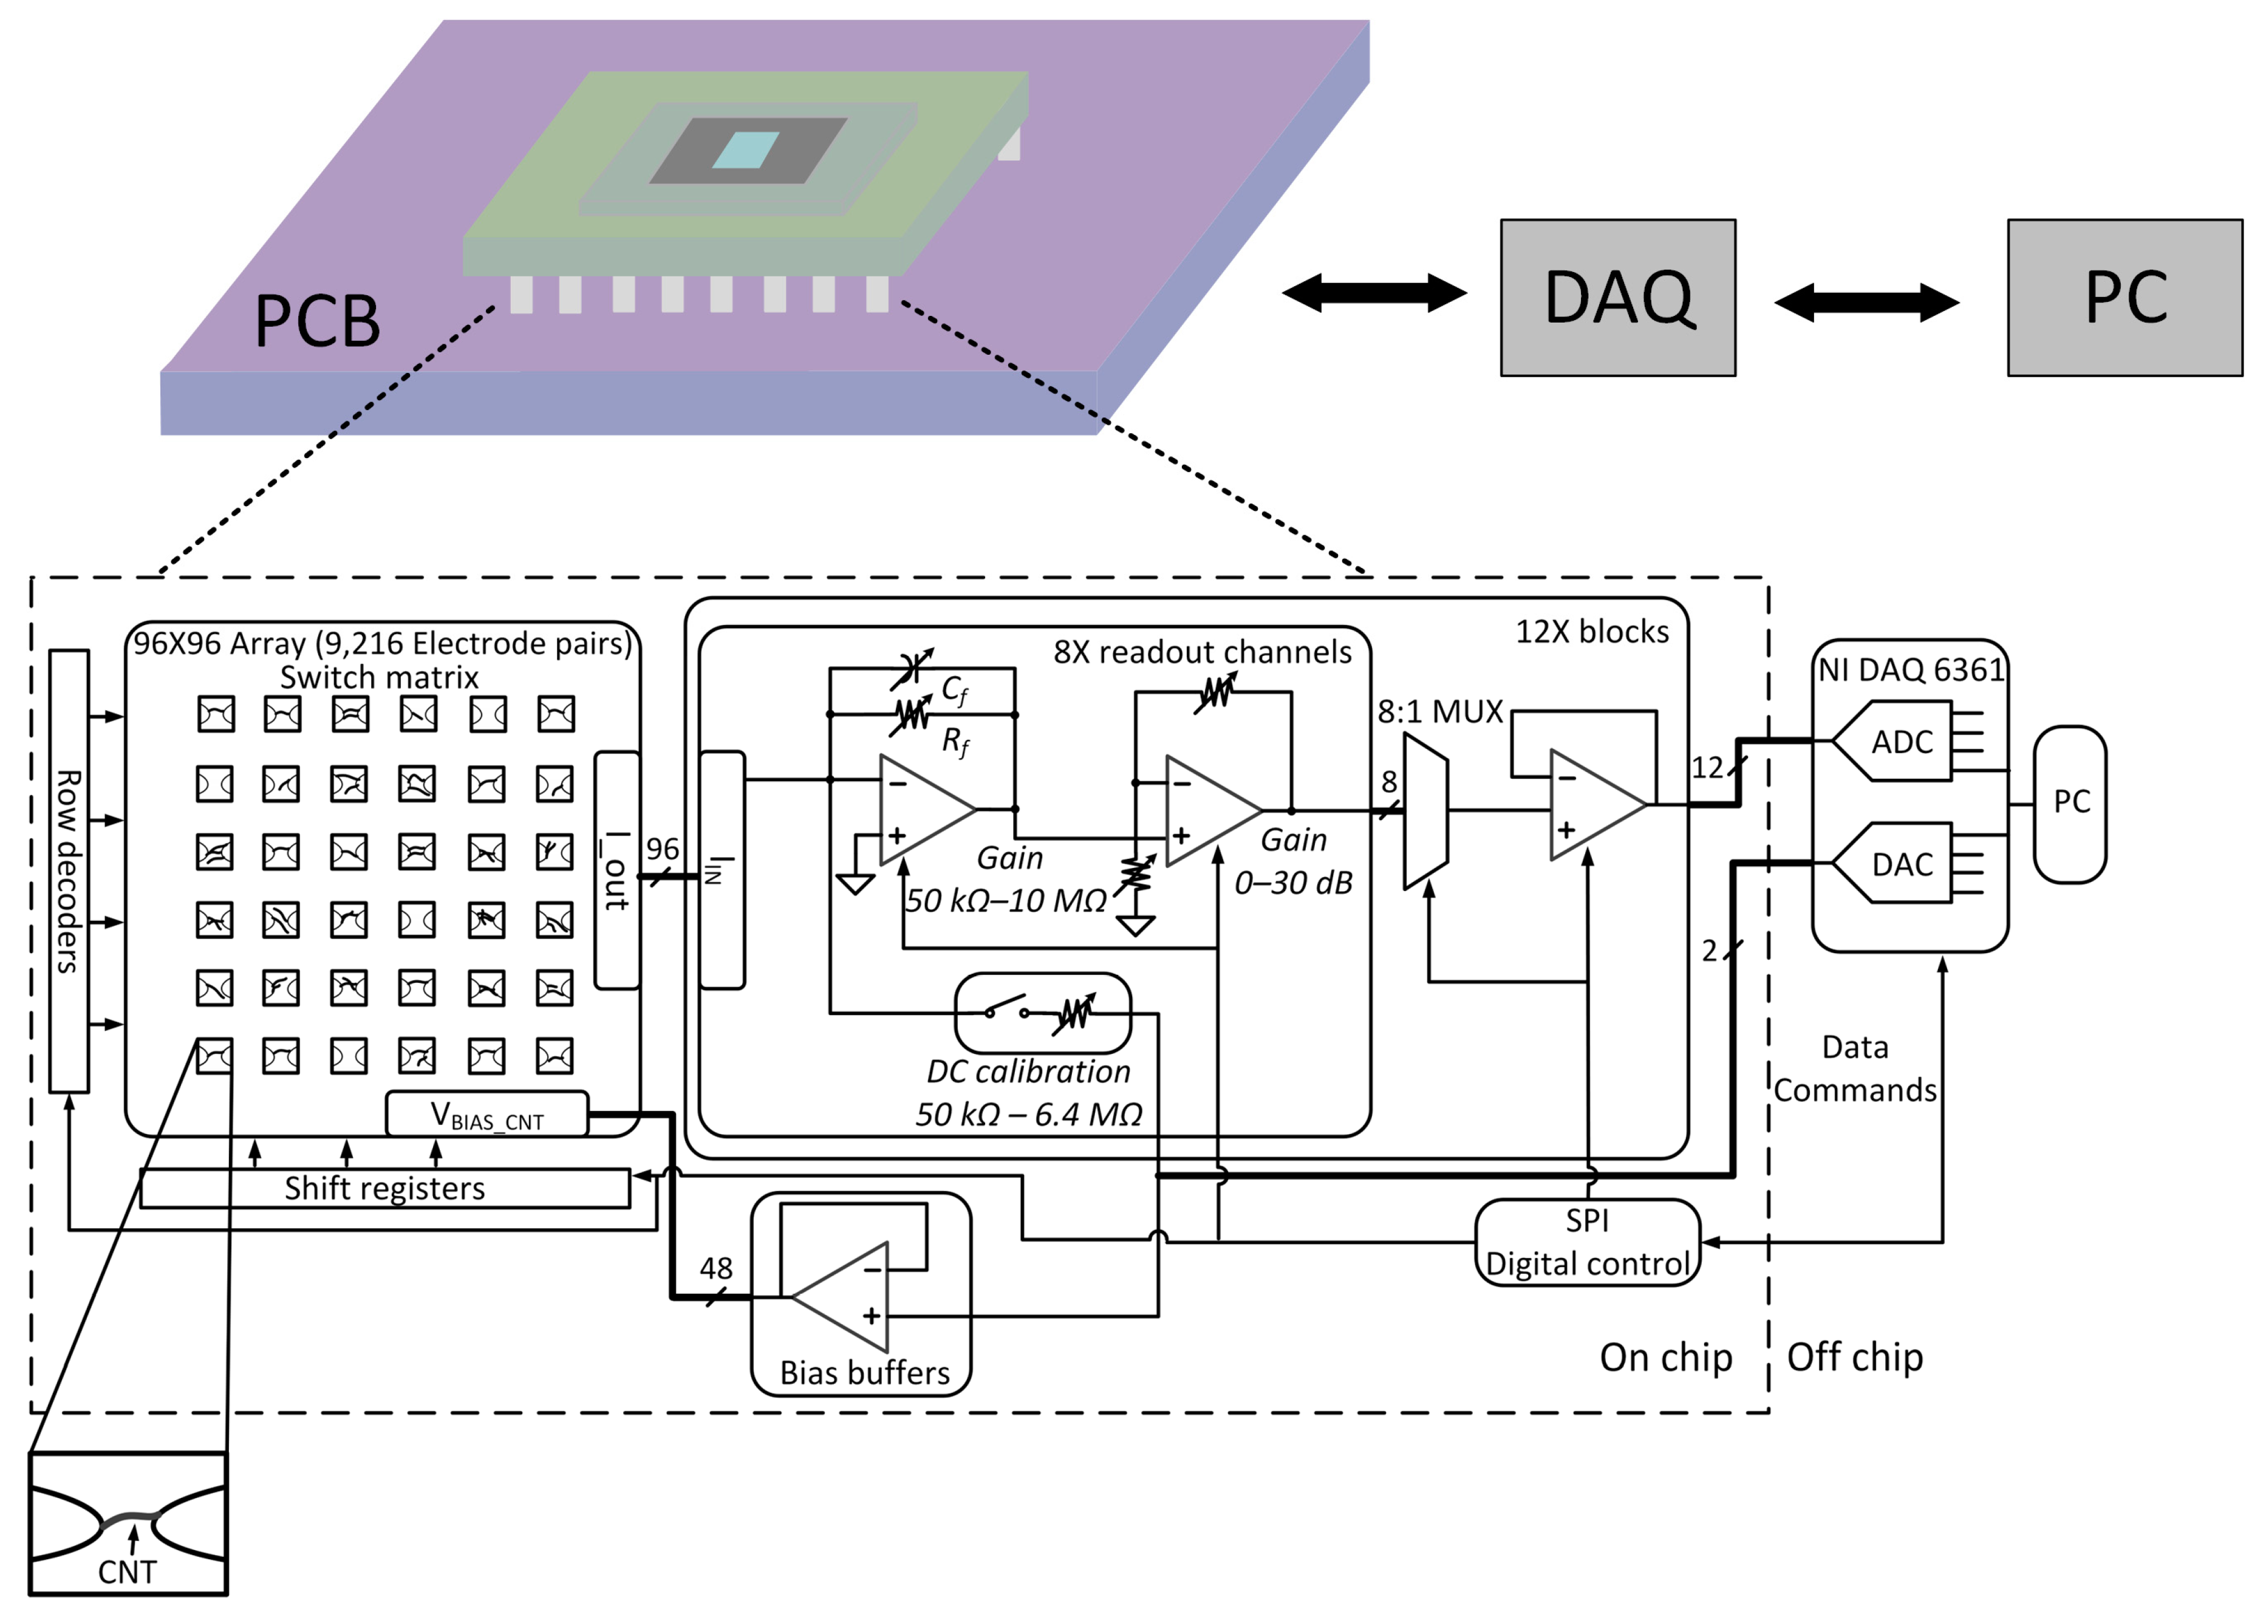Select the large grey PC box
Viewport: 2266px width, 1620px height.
click(x=2124, y=297)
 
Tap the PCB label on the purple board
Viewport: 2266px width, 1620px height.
click(x=317, y=321)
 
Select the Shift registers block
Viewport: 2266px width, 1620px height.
click(x=385, y=1188)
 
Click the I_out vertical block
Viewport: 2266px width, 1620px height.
click(x=616, y=870)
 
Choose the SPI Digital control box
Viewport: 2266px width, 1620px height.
click(x=1587, y=1242)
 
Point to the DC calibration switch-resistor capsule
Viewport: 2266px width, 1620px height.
click(x=1042, y=1013)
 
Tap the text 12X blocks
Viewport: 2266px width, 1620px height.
click(x=1592, y=632)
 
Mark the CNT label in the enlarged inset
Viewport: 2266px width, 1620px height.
click(x=127, y=1572)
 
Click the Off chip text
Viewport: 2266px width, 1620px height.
click(x=1854, y=1356)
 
